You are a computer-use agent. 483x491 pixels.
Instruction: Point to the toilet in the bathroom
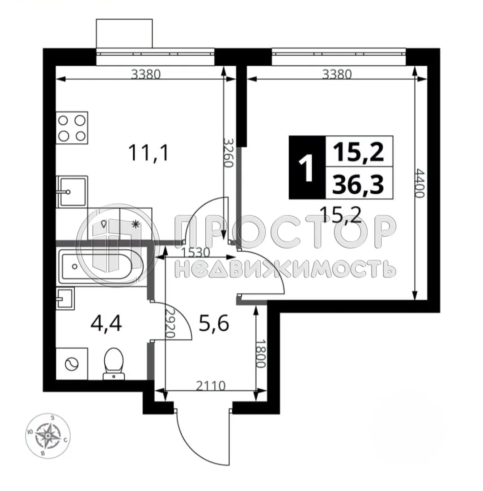pos(112,363)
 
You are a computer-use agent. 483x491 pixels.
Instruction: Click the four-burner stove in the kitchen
pos(72,128)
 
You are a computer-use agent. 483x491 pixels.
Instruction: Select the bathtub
pos(99,266)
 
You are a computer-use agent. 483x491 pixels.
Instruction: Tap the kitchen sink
pos(72,192)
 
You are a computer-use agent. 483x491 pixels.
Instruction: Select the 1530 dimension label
pos(196,252)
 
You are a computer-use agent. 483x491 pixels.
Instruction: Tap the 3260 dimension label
pos(229,152)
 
